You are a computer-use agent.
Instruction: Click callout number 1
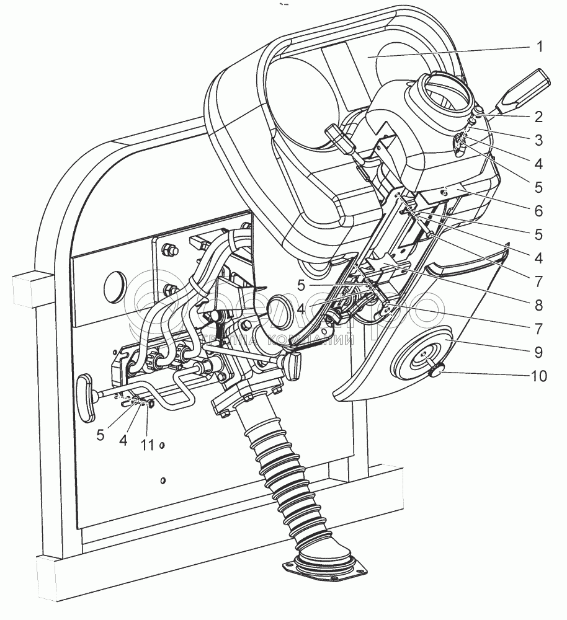(539, 47)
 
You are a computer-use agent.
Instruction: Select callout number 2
(538, 116)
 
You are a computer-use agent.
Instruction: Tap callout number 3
(538, 140)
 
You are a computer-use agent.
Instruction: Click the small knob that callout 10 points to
(435, 371)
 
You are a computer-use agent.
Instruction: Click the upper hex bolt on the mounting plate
(168, 250)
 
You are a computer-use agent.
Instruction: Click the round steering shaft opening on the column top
(444, 94)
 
